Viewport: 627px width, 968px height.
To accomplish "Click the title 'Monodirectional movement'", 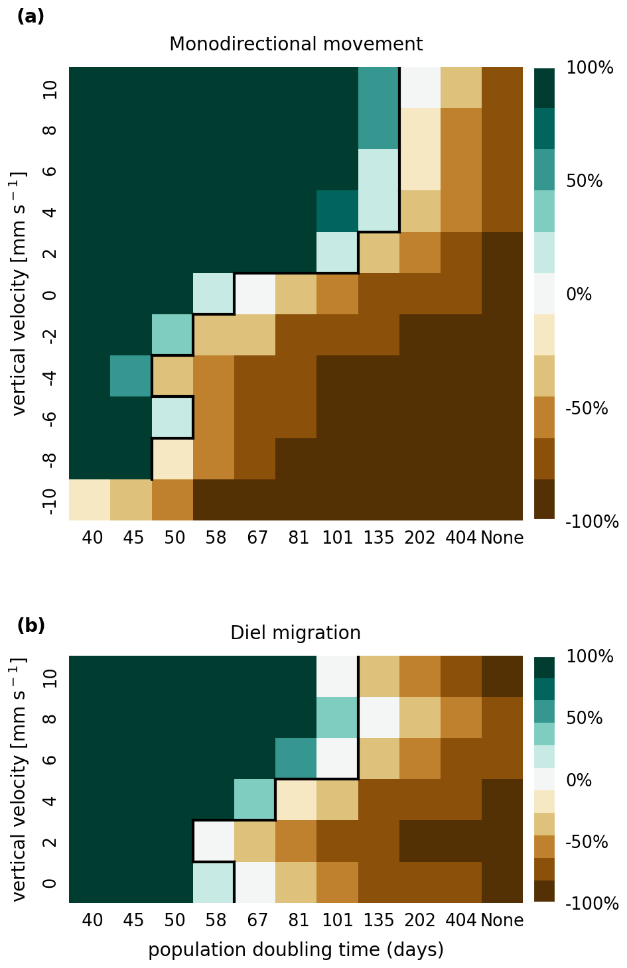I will click(x=296, y=44).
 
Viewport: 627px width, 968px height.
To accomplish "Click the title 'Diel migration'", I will click(x=296, y=633).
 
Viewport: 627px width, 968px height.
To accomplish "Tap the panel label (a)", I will click(x=31, y=17).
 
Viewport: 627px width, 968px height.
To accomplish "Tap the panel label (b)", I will click(x=31, y=625).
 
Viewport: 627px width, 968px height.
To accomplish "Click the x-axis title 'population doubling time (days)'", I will click(x=296, y=950).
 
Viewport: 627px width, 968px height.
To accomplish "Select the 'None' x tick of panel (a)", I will click(x=502, y=538).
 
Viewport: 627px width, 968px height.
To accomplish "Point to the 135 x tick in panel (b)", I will click(x=379, y=920).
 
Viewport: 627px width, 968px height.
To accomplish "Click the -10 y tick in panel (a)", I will click(x=48, y=500).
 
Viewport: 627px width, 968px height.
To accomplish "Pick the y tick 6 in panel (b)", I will click(x=48, y=758).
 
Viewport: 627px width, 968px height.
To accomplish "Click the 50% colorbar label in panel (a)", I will click(x=585, y=182).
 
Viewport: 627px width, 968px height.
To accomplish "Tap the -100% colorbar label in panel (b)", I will click(x=592, y=904).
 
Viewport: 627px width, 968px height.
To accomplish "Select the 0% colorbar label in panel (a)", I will click(x=579, y=294).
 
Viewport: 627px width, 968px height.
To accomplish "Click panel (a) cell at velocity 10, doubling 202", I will click(x=420, y=88).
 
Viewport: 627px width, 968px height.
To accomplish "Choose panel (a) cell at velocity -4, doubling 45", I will click(x=131, y=377).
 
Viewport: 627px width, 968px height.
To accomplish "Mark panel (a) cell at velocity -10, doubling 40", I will click(x=90, y=500).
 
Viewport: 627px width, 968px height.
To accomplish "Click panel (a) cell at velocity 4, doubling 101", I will click(x=337, y=212).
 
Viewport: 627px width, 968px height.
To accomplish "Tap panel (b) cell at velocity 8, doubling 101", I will click(x=337, y=717).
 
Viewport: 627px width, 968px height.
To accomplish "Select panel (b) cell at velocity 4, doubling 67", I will click(x=255, y=800).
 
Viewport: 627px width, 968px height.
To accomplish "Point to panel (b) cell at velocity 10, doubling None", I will click(x=502, y=676).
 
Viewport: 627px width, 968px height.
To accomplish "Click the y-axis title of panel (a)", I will click(x=20, y=294).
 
